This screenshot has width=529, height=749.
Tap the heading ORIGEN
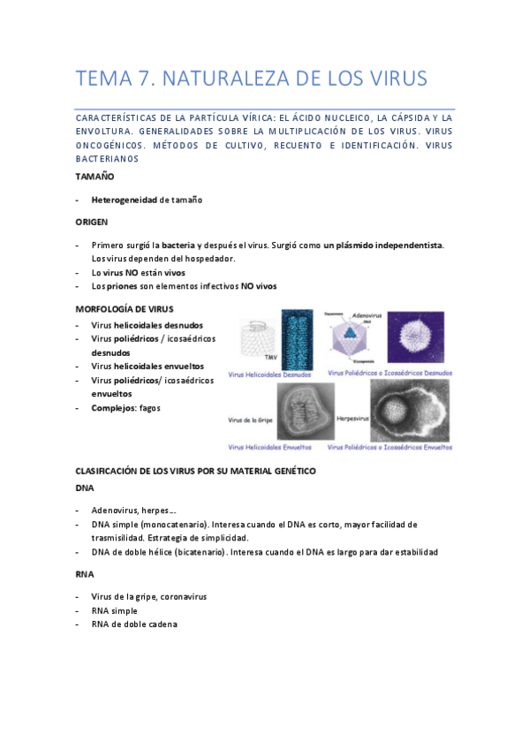(93, 222)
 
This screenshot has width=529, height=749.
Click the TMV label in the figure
(247, 358)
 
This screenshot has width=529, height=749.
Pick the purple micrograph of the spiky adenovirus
(417, 337)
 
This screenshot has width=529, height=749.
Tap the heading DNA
(86, 488)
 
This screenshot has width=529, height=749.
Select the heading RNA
(86, 574)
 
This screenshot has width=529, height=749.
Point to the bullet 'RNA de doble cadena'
(134, 624)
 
